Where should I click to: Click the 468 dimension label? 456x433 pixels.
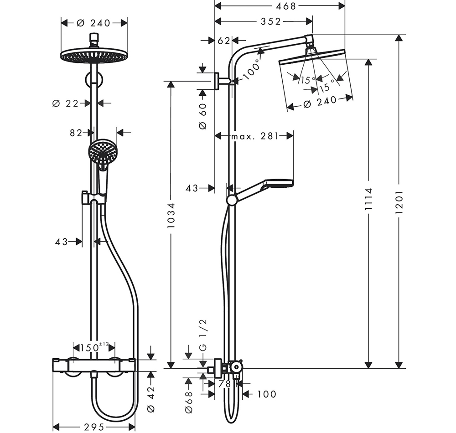[x=285, y=6]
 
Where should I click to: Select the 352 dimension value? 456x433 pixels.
[x=271, y=21]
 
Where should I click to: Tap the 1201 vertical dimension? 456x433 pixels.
[x=399, y=202]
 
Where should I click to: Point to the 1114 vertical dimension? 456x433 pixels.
[x=368, y=199]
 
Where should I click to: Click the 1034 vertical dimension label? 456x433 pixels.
[x=171, y=215]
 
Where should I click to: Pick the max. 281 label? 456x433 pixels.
[x=255, y=136]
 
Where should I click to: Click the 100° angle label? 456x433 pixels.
[x=251, y=70]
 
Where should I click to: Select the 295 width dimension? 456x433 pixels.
[x=94, y=427]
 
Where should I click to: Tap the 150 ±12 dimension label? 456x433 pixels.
[x=94, y=347]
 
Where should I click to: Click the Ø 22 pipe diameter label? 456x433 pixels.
[x=65, y=103]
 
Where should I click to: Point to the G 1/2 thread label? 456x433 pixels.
[x=203, y=335]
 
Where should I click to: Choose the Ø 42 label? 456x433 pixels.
[x=150, y=399]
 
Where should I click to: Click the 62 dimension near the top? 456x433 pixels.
[x=223, y=41]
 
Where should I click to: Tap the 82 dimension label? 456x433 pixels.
[x=76, y=133]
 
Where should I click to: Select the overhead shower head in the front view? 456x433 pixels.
[x=94, y=56]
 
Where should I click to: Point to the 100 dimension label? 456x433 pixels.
[x=267, y=394]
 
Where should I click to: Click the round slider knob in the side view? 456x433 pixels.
[x=232, y=201]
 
